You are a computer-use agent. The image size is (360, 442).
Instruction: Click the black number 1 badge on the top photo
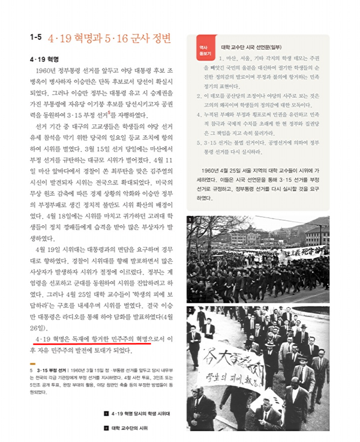click(x=191, y=220)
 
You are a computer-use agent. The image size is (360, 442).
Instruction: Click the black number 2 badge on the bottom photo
click(x=191, y=309)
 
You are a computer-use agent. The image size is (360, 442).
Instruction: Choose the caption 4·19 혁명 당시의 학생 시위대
click(x=143, y=414)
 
